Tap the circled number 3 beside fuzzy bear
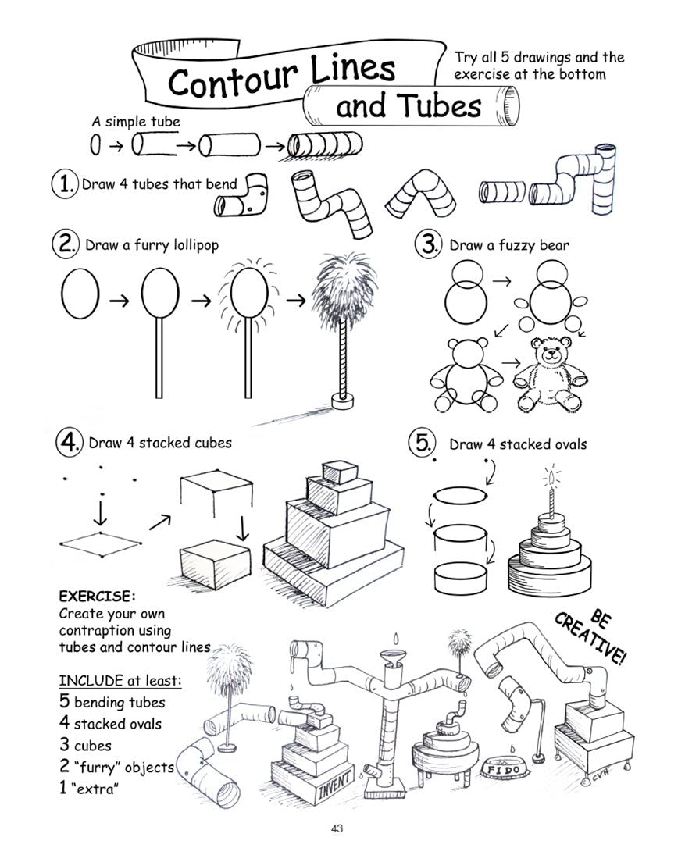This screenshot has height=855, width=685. (430, 244)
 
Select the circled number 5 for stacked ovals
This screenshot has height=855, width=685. (422, 443)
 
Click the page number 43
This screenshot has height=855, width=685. (337, 828)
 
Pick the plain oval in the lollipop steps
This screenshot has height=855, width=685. (80, 296)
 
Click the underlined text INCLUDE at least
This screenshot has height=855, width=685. (120, 681)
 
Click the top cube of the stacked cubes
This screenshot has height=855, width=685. (338, 472)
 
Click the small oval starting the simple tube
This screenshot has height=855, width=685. (96, 145)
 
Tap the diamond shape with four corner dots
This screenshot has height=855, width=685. (102, 545)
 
